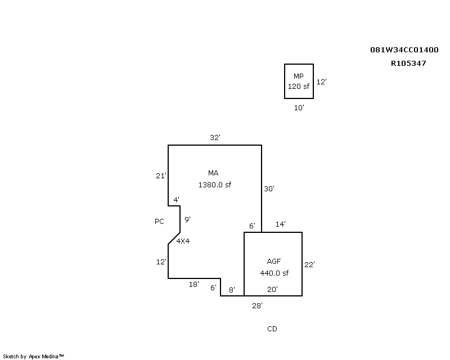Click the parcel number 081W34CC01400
coord(404,50)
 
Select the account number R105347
coord(408,64)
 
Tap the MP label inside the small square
coord(299,76)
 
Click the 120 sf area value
coord(299,87)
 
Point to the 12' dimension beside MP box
coord(321,82)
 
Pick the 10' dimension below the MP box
coord(299,108)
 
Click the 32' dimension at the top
coord(215,138)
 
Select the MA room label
coord(213,173)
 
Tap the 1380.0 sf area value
coord(215,185)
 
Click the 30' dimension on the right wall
coord(269,189)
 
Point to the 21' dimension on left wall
coord(161,176)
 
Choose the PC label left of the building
coord(159,222)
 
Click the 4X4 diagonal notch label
coord(183,241)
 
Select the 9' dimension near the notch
coord(188,219)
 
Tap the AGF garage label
coord(274,262)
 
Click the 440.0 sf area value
coord(274,273)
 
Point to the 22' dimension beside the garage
coord(310,265)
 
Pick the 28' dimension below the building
coord(258,306)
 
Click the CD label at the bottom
coord(272,329)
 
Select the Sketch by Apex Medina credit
coord(33,357)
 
